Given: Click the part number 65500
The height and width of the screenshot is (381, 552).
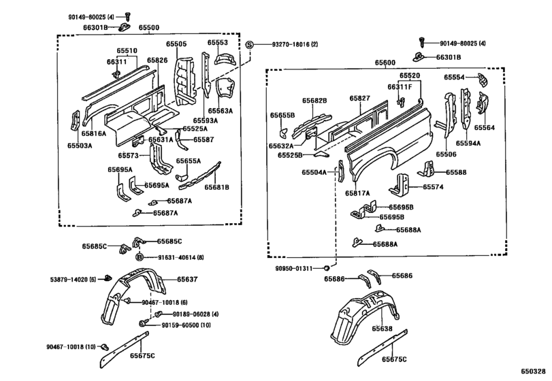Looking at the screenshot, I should pyautogui.click(x=149, y=28).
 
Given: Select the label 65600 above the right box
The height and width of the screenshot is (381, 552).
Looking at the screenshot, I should pyautogui.click(x=385, y=63).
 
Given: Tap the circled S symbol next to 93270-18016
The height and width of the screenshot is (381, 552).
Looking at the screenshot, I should pyautogui.click(x=249, y=44).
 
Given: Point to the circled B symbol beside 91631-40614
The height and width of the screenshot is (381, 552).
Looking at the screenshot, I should pyautogui.click(x=140, y=256).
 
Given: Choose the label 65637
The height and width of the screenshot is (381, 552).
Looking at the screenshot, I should pyautogui.click(x=188, y=279).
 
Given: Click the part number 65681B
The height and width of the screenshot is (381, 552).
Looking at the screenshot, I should pyautogui.click(x=217, y=187).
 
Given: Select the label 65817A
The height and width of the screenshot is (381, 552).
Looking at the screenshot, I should pyautogui.click(x=357, y=193).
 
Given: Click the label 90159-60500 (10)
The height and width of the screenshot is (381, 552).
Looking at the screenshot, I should pyautogui.click(x=186, y=326).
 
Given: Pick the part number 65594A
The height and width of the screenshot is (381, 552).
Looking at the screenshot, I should pyautogui.click(x=468, y=144).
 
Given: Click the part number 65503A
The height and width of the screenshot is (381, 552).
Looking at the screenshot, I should pyautogui.click(x=79, y=145).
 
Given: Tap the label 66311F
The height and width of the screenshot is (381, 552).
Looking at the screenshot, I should pyautogui.click(x=400, y=87).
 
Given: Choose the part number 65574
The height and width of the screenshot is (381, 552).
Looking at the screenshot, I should pyautogui.click(x=434, y=186).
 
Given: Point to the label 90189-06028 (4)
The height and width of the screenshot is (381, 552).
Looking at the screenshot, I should pyautogui.click(x=195, y=314).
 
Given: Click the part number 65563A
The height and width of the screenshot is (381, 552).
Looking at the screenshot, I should pyautogui.click(x=221, y=110).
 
